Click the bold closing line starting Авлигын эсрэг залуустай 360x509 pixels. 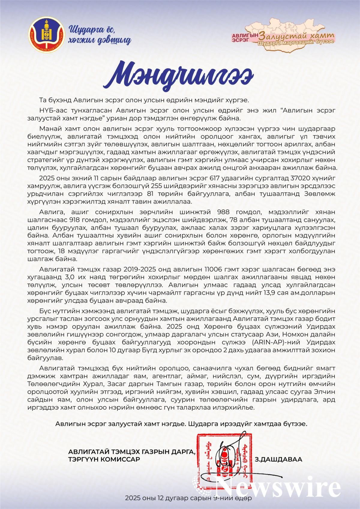tap(181, 424)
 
